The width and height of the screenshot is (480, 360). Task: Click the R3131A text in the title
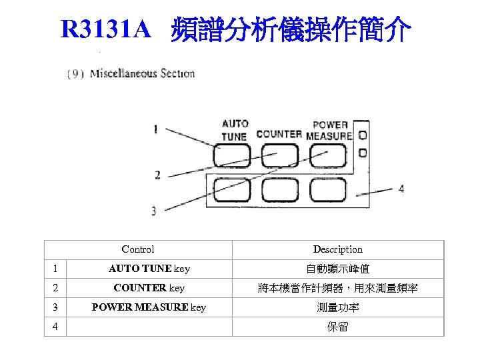point(107,29)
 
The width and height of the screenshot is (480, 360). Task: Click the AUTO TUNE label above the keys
point(235,130)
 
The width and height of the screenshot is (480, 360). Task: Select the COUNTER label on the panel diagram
point(279,134)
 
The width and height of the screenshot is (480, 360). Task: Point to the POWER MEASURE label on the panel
point(329,130)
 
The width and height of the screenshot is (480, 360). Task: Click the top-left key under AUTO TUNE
point(233,156)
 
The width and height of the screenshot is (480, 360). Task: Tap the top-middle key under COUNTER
point(280,156)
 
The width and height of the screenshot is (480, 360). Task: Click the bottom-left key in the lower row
point(233,190)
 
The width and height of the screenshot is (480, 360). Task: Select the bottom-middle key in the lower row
point(280,190)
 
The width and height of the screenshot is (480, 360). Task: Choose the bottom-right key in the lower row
point(327,190)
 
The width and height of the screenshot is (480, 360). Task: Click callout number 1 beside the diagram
point(155,129)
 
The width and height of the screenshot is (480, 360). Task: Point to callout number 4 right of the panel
point(401,189)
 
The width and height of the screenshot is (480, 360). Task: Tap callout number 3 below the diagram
point(154,211)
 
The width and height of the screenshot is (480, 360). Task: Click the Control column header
point(138,249)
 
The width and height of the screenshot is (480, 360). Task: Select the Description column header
point(338,249)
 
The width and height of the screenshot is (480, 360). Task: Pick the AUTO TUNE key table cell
point(149,269)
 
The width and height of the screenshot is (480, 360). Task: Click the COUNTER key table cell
point(149,288)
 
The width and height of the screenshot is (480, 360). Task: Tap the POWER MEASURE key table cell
point(149,307)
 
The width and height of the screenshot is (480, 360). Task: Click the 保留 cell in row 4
point(338,327)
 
